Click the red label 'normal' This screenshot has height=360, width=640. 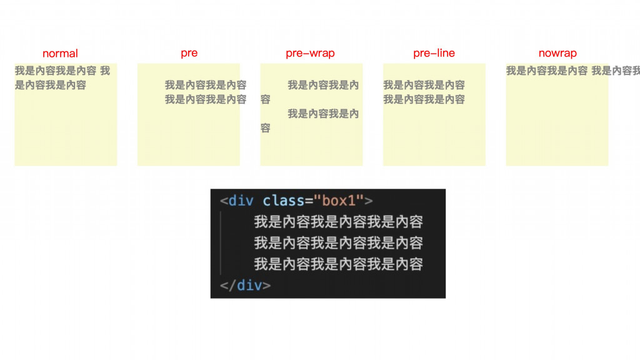coord(60,54)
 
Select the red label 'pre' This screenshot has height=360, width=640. coord(189,53)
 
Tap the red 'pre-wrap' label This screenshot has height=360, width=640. coord(310,53)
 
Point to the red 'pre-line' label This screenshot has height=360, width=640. coord(434,53)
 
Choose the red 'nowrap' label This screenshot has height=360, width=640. coord(557,53)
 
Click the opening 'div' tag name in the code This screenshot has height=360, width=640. coord(241,201)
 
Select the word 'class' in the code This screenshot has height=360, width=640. coord(283,201)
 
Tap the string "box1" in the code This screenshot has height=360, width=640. coord(338,201)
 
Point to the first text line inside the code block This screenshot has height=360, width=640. coord(338,222)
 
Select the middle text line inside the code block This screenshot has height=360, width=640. coord(338,242)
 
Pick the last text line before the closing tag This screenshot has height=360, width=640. coord(338,264)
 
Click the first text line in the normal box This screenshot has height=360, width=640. coord(62,71)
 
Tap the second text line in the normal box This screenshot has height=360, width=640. coord(51,85)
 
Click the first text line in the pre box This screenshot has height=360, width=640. coord(206,85)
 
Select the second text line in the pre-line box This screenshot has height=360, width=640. coord(424,99)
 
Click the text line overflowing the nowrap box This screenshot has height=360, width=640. coord(572,71)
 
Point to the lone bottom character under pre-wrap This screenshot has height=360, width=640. coord(266,128)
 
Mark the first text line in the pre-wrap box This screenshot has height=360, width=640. coord(323,85)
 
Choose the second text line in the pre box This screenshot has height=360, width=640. coord(206,99)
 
